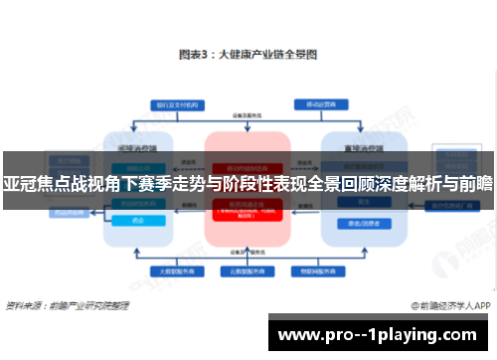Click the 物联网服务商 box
(x=313, y=270)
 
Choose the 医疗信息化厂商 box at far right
(x=445, y=205)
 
